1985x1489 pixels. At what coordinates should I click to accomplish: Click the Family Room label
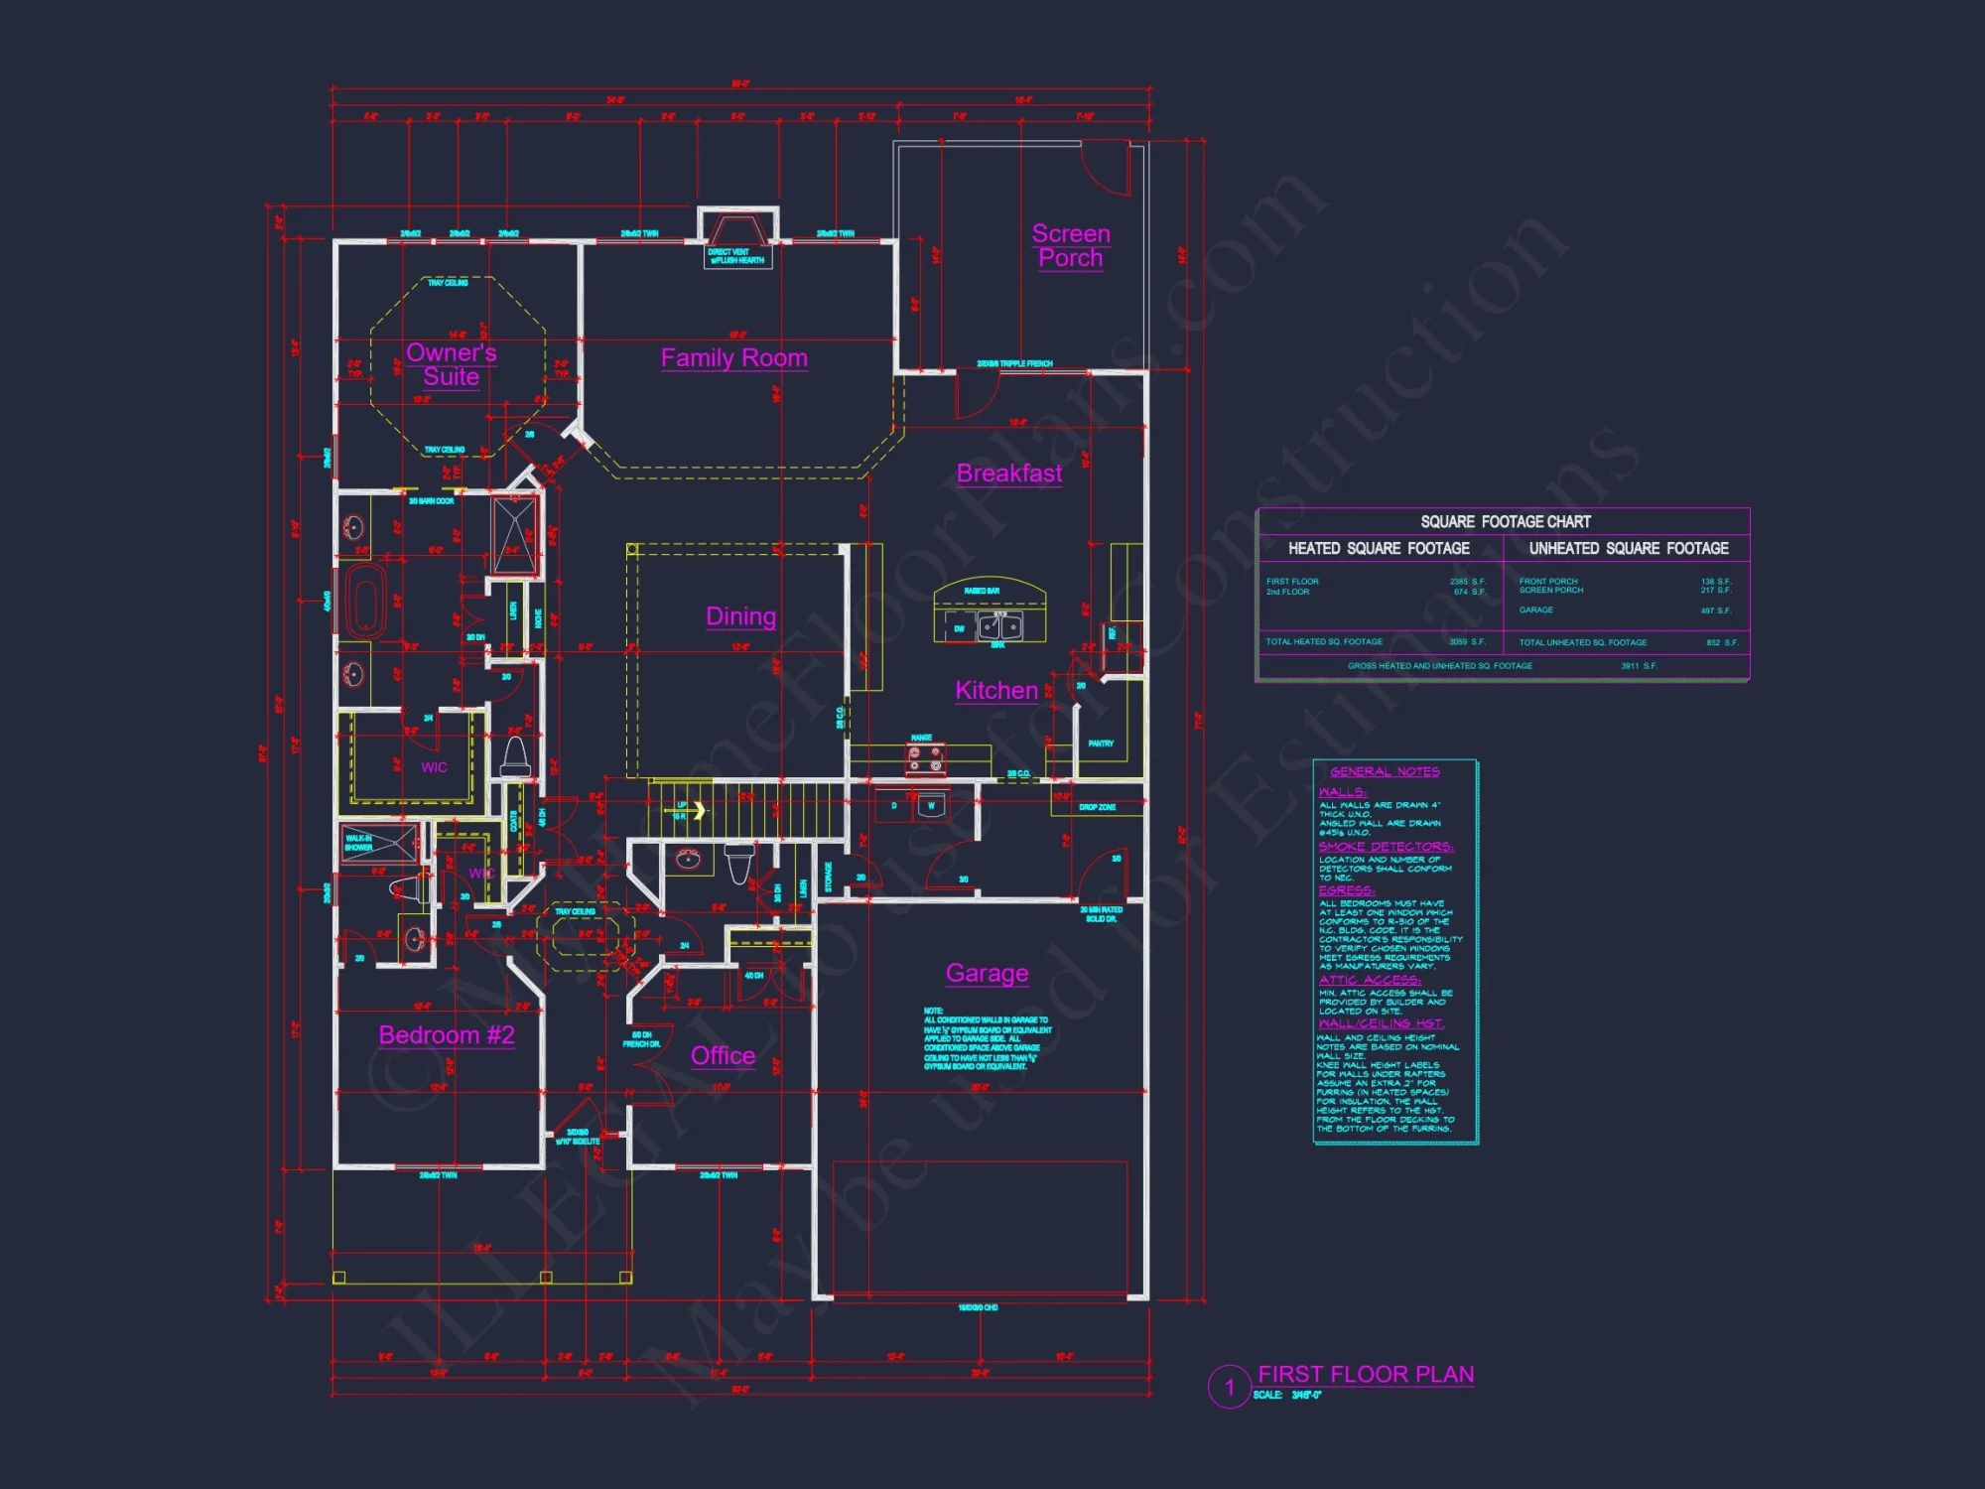click(x=733, y=358)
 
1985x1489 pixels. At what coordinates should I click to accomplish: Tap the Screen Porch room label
click(x=1070, y=245)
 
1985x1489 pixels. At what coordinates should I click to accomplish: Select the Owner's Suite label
click(x=451, y=364)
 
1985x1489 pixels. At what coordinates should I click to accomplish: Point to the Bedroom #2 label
click(x=447, y=1035)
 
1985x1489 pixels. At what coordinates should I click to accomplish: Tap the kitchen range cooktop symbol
click(x=925, y=759)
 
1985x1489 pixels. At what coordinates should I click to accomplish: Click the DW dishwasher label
click(x=959, y=628)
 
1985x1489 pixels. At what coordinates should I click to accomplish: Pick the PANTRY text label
click(x=1100, y=744)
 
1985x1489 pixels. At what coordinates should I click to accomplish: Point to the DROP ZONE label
click(x=1097, y=807)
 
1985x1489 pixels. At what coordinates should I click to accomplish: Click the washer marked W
click(x=931, y=806)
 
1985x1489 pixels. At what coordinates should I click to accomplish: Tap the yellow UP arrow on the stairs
click(x=699, y=810)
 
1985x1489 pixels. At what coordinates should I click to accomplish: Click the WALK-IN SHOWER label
click(x=358, y=843)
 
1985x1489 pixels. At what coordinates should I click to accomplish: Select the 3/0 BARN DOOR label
click(x=431, y=501)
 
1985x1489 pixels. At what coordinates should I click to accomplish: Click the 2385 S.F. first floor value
click(x=1466, y=582)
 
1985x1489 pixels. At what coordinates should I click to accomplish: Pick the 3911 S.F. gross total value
click(x=1639, y=666)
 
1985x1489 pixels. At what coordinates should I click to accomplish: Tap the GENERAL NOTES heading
click(x=1385, y=771)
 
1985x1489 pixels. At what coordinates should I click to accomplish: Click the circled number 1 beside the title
click(x=1229, y=1387)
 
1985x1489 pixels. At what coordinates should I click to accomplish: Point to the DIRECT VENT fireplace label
click(x=735, y=256)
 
